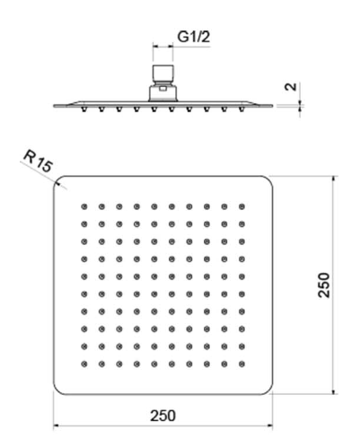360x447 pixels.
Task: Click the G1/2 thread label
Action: pos(193,37)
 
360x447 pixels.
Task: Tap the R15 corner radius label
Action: pos(38,162)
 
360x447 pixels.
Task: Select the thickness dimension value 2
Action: pos(291,86)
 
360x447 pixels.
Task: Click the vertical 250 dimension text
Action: pos(323,285)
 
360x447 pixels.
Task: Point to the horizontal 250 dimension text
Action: pos(162,416)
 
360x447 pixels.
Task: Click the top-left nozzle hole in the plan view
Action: pos(84,206)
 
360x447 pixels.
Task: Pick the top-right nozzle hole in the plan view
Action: pos(241,206)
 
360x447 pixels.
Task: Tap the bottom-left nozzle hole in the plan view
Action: pos(84,364)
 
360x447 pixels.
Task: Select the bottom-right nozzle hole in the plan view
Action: pos(241,364)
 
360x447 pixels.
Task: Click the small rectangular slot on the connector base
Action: pos(163,89)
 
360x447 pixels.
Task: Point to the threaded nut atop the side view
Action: pos(163,73)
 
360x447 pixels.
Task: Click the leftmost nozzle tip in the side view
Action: pos(84,110)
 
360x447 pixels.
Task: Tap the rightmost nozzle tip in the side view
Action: pos(241,110)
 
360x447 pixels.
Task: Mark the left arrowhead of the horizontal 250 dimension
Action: pos(57,425)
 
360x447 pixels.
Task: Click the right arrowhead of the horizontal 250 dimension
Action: pos(269,425)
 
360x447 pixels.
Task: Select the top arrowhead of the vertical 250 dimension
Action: pos(333,180)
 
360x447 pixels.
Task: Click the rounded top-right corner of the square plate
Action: pos(269,180)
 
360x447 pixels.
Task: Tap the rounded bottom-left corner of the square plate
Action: pos(57,390)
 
